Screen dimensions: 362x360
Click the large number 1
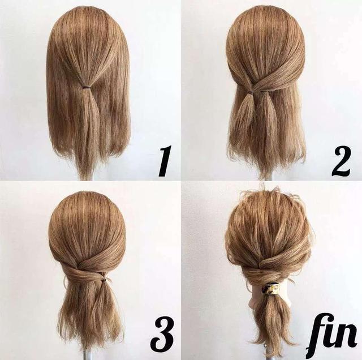(165, 161)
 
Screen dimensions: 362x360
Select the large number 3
(162, 335)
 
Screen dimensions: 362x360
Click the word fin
(332, 336)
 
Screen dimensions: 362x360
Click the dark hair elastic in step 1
(86, 87)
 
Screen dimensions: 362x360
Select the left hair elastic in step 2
(248, 92)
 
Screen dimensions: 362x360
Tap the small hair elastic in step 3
(104, 280)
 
